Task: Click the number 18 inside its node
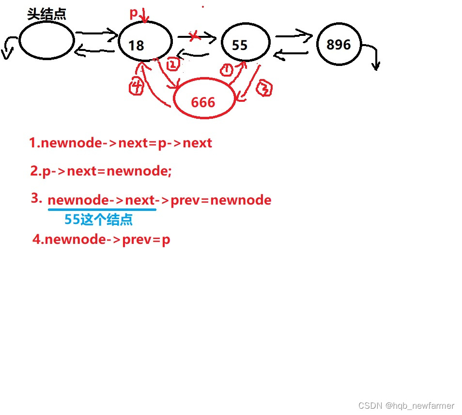coord(137,46)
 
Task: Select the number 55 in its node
coord(240,46)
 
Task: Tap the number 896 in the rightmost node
coord(339,45)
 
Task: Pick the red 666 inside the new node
coord(203,102)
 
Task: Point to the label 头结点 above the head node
coord(46,14)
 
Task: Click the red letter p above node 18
coord(134,14)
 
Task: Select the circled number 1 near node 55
coord(226,70)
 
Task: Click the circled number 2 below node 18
coord(173,64)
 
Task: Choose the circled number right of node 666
coord(264,88)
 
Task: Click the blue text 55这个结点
coord(99,220)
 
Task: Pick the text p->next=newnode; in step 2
coord(107,171)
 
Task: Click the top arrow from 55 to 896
coord(293,35)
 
